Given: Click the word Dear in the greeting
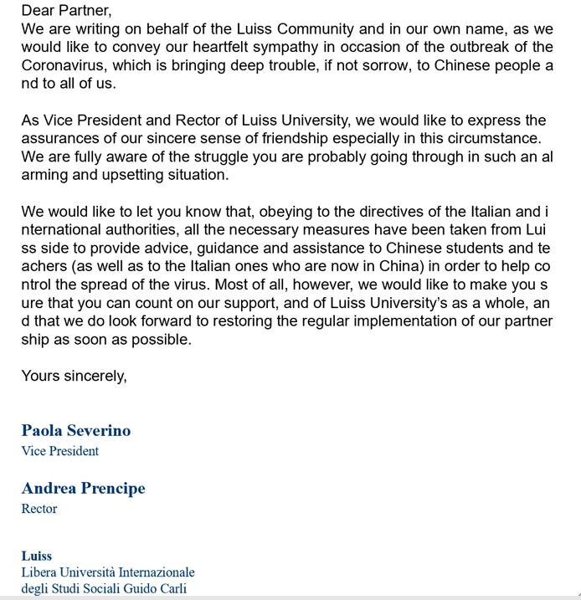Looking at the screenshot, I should tap(38, 11).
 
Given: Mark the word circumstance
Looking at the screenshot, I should tap(491, 138).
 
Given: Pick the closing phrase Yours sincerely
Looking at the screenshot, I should tap(74, 376).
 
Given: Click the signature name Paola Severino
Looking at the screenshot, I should tap(76, 431).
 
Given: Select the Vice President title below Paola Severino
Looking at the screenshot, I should tap(60, 451).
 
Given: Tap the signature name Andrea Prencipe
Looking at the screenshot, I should tap(83, 489).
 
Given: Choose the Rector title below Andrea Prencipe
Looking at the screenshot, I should tap(39, 508).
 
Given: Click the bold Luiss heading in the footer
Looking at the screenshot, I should tap(37, 556).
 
